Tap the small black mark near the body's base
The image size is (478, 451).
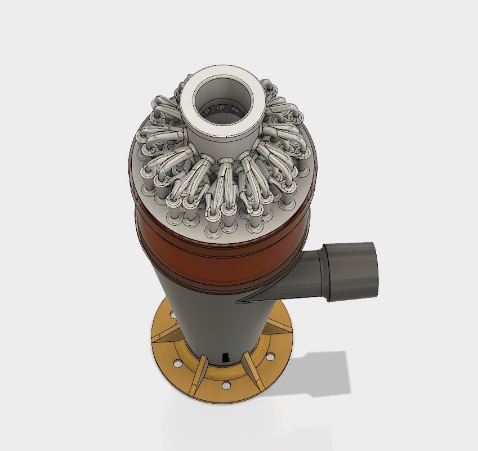[226, 356]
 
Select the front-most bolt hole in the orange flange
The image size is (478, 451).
[226, 386]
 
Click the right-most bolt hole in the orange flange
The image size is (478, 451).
[271, 356]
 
